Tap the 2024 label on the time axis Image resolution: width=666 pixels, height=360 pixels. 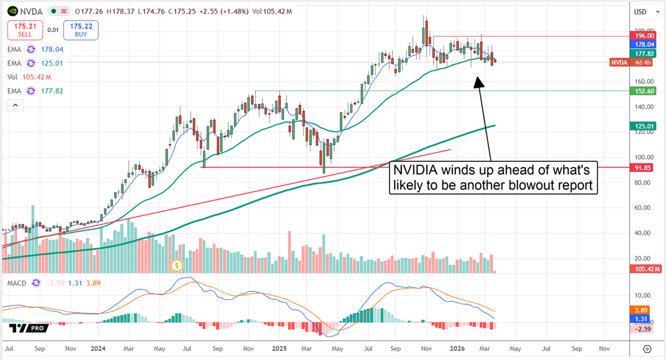pos(98,349)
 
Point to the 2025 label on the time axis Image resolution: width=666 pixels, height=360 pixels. pos(278,349)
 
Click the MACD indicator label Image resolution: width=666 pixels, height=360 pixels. pos(17,283)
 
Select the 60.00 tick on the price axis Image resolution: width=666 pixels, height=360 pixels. pos(644,207)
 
